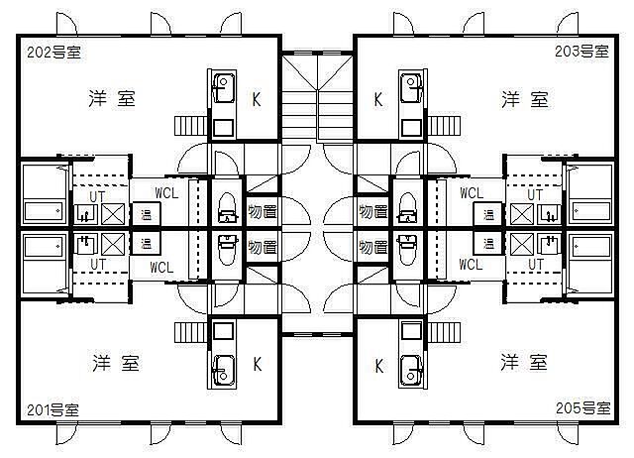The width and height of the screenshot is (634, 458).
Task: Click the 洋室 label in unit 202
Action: pos(112,99)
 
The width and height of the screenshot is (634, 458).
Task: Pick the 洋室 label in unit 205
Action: pos(524,361)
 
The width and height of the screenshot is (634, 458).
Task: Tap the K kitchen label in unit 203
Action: pos(378,99)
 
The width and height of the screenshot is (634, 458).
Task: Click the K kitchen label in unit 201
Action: pos(256,364)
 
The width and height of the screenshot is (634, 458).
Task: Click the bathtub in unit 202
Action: pos(43,211)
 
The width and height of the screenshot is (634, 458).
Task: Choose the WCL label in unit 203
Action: pos(471,192)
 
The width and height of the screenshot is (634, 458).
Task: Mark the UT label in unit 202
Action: pos(96,195)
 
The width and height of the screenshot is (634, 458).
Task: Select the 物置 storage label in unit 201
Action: pos(263,245)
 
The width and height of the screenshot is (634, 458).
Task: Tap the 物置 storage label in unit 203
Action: pos(372,211)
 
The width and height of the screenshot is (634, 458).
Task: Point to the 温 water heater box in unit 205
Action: pos(486,243)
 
